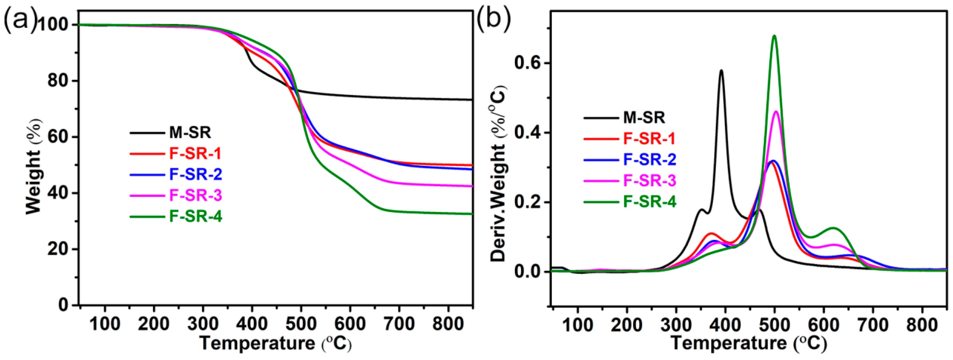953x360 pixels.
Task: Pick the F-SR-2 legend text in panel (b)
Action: pyautogui.click(x=650, y=160)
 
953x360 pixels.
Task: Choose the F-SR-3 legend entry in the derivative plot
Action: pyautogui.click(x=650, y=181)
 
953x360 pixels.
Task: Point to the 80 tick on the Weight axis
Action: pyautogui.click(x=59, y=81)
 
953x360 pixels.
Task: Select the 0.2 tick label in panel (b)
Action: pyautogui.click(x=527, y=202)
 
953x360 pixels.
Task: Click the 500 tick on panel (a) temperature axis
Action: pyautogui.click(x=301, y=324)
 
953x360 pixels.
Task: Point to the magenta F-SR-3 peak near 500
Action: pyautogui.click(x=776, y=111)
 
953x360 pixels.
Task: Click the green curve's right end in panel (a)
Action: pyautogui.click(x=471, y=214)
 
